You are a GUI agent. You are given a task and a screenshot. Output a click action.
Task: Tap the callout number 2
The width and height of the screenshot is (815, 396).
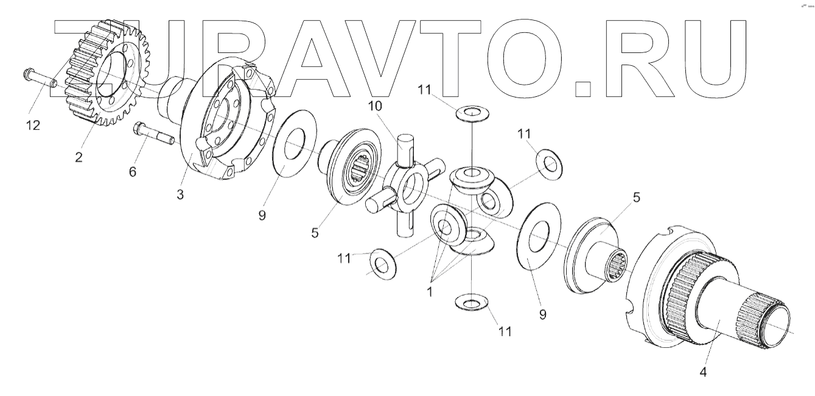coord(79,157)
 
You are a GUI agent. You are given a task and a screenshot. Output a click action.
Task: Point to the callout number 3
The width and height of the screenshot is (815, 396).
coord(180,195)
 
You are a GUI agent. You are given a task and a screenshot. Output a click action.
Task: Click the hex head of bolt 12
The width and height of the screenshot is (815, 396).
coord(28,76)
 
